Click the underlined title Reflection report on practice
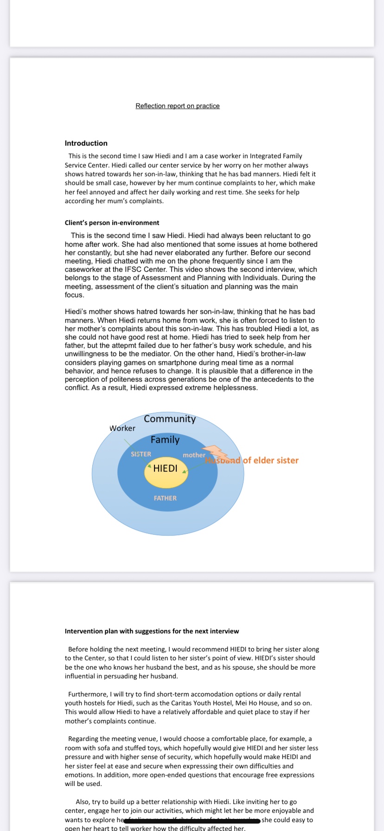178,106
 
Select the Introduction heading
86,143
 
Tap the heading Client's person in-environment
112,223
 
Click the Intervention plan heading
152,631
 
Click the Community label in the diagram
170,419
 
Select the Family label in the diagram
165,440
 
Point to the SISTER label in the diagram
141,454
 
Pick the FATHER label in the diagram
165,498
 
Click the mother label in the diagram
194,455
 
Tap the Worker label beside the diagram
122,428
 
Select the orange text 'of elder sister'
271,460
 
